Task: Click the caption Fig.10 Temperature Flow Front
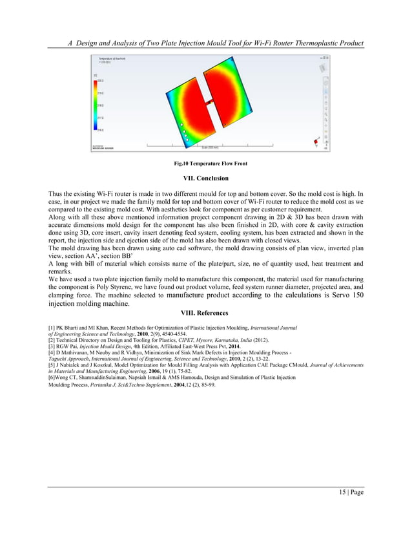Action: click(x=206, y=164)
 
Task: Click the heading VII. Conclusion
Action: click(x=206, y=178)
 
